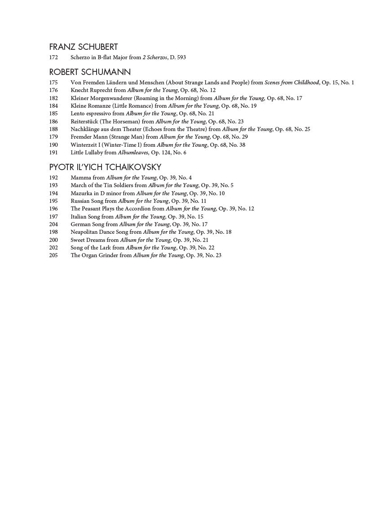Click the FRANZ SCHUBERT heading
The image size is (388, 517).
pyautogui.click(x=84, y=47)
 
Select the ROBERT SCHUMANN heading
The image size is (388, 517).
pyautogui.click(x=90, y=72)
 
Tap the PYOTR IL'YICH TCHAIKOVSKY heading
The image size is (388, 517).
pyautogui.click(x=105, y=167)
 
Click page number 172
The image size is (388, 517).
pyautogui.click(x=53, y=57)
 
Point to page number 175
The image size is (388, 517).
pyautogui.click(x=53, y=83)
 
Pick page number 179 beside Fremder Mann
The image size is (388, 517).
pyautogui.click(x=53, y=137)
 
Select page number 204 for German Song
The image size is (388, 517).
pyautogui.click(x=53, y=224)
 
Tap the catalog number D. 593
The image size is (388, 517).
pyautogui.click(x=178, y=57)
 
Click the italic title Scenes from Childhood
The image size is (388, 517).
pyautogui.click(x=291, y=83)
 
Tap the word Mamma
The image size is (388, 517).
pyautogui.click(x=81, y=178)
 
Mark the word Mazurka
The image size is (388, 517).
pyautogui.click(x=81, y=193)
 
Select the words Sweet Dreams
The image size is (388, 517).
pyautogui.click(x=88, y=240)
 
